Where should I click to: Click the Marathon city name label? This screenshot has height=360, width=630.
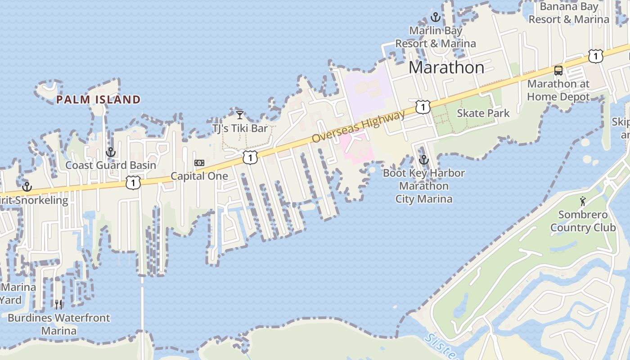pyautogui.click(x=446, y=67)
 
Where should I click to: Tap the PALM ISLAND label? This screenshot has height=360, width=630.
pyautogui.click(x=99, y=99)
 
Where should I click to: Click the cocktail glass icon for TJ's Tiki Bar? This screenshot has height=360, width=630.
pyautogui.click(x=240, y=115)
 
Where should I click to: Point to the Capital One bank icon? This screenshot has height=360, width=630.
pyautogui.click(x=199, y=163)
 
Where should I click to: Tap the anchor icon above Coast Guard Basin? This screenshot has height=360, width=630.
pyautogui.click(x=111, y=152)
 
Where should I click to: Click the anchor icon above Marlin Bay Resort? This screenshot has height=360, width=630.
pyautogui.click(x=435, y=18)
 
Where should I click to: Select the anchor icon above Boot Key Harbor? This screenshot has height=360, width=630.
pyautogui.click(x=423, y=160)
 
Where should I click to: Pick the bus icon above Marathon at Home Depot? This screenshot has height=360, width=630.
pyautogui.click(x=558, y=70)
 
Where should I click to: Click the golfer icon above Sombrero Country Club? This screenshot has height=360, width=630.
pyautogui.click(x=583, y=201)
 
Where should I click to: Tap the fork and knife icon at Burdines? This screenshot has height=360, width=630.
pyautogui.click(x=58, y=305)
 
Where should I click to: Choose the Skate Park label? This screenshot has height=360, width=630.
pyautogui.click(x=483, y=113)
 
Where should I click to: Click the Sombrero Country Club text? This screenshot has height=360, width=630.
pyautogui.click(x=583, y=221)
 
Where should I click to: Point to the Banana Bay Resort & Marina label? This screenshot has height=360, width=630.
pyautogui.click(x=569, y=13)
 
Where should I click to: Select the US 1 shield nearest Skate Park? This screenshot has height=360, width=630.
pyautogui.click(x=423, y=107)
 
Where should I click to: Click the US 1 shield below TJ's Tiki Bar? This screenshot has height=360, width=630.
pyautogui.click(x=250, y=157)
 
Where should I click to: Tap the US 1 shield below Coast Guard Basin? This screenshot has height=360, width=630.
pyautogui.click(x=133, y=182)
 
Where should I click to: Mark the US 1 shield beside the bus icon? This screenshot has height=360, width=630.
pyautogui.click(x=595, y=56)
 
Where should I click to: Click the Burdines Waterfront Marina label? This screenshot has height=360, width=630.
pyautogui.click(x=59, y=324)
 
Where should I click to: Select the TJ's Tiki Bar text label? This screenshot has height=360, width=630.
pyautogui.click(x=240, y=129)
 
